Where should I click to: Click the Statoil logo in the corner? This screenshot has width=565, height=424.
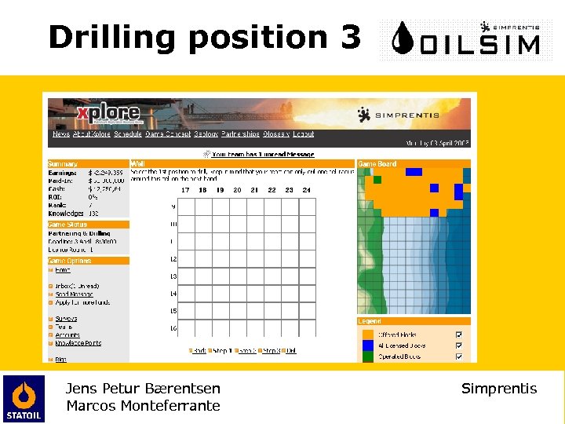pyautogui.click(x=24, y=399)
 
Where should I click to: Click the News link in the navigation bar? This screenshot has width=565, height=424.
pyautogui.click(x=60, y=134)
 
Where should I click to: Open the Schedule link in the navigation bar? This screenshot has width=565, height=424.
pyautogui.click(x=127, y=134)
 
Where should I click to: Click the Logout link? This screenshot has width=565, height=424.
pyautogui.click(x=304, y=134)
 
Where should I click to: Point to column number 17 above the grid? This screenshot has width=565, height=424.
pyautogui.click(x=185, y=190)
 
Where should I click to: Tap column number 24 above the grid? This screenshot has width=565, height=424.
pyautogui.click(x=306, y=190)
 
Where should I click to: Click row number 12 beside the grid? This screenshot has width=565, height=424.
pyautogui.click(x=173, y=259)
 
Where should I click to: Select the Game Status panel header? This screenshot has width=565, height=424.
pyautogui.click(x=67, y=225)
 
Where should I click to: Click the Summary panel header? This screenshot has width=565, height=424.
pyautogui.click(x=62, y=163)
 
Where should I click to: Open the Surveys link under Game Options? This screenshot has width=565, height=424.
pyautogui.click(x=66, y=319)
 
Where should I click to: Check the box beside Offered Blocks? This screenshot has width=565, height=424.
pyautogui.click(x=459, y=334)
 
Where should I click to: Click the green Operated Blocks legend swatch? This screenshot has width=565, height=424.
pyautogui.click(x=367, y=356)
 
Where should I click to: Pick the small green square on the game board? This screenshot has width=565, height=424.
pyautogui.click(x=377, y=180)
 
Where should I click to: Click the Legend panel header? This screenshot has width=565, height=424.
pyautogui.click(x=370, y=321)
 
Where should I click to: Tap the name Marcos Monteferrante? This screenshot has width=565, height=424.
pyautogui.click(x=143, y=406)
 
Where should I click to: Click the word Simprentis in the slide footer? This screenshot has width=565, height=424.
pyautogui.click(x=499, y=389)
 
